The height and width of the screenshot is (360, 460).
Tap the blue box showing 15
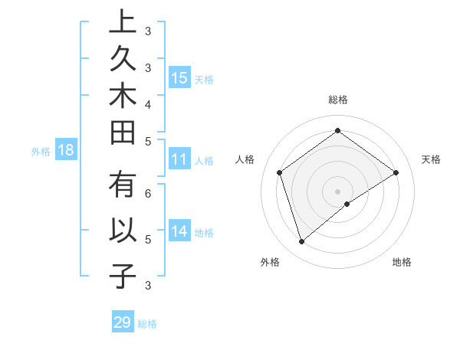[179, 77]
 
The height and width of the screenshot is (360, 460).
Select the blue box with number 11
[179, 159]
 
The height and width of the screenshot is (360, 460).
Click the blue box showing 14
[179, 231]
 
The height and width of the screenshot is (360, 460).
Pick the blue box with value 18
[66, 150]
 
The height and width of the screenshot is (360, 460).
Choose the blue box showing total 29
[123, 322]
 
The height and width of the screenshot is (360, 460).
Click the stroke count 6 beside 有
[149, 195]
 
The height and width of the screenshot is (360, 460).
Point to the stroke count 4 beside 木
[149, 103]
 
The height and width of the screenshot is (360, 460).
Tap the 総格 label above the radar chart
[338, 100]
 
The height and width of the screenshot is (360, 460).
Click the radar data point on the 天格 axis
[396, 172]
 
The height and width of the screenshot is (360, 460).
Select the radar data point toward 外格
[301, 242]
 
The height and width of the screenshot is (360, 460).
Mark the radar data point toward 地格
[347, 204]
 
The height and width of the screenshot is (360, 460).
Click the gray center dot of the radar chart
[338, 191]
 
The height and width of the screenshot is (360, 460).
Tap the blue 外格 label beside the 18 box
[41, 152]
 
